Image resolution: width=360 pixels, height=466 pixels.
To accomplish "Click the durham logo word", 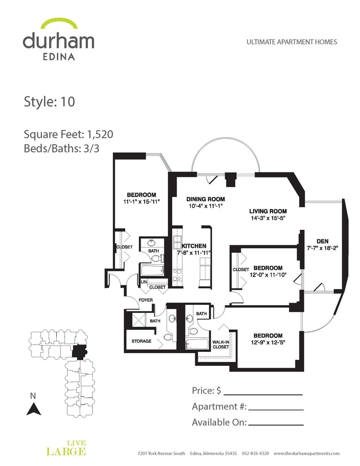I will click(58, 41).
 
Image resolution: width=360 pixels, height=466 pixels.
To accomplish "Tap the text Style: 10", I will click(49, 101).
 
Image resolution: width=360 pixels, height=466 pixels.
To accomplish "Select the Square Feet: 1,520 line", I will click(68, 135).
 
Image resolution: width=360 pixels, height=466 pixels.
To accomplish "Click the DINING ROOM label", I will click(206, 199).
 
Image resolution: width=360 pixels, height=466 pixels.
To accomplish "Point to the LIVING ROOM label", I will click(268, 211).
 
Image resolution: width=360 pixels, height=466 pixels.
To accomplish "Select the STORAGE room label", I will click(141, 341).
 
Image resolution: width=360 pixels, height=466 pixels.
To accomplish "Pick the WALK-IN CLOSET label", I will click(221, 344).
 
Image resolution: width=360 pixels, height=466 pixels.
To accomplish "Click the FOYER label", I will click(146, 300).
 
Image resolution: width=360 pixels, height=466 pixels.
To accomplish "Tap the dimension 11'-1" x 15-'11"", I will click(142, 201).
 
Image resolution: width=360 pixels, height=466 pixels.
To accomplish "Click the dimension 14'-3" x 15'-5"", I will click(268, 218).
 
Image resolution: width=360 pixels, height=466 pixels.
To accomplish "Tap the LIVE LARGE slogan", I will click(66, 448).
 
